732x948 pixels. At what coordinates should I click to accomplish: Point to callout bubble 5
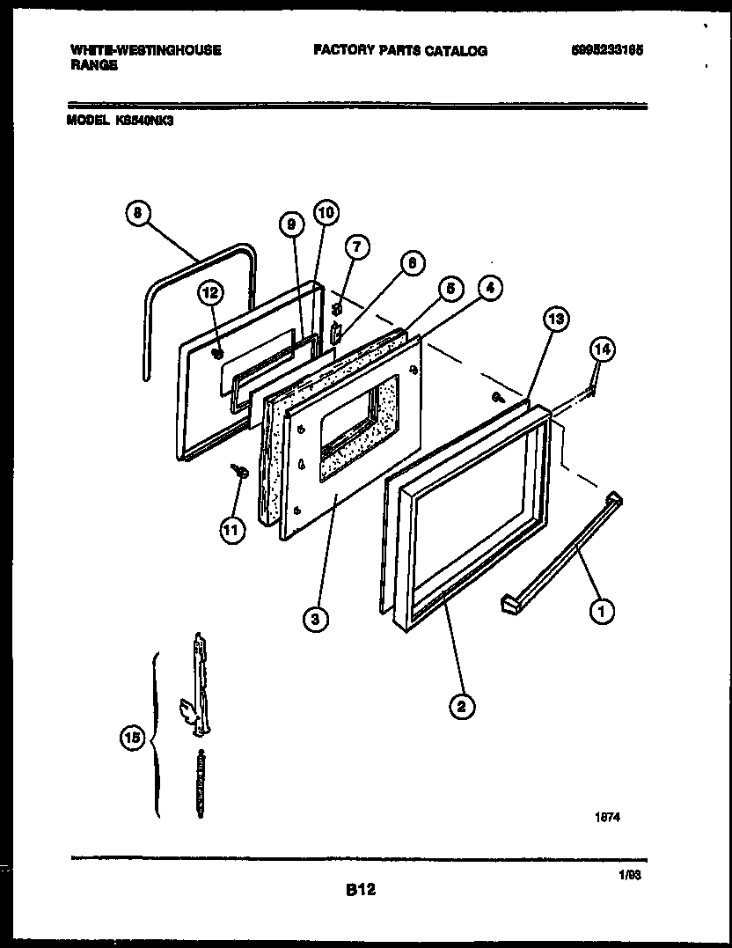450,289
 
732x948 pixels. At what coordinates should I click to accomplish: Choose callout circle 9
289,224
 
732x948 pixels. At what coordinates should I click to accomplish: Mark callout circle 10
326,212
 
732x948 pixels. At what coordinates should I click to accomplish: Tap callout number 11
230,532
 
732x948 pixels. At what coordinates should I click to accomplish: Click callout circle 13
555,320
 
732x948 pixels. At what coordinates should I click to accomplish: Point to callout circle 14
603,350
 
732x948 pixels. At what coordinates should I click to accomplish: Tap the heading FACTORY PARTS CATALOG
399,51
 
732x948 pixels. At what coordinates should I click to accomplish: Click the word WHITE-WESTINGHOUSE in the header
145,50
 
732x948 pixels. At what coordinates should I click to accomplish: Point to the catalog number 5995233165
607,51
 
